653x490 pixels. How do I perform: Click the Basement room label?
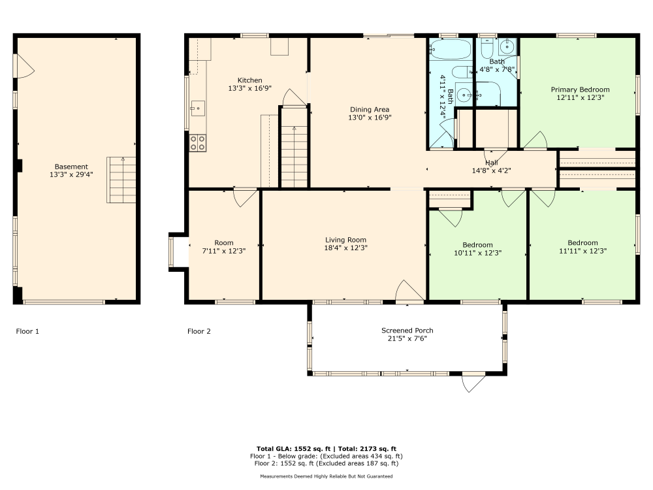pos(71,167)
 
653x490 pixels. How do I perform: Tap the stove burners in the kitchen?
pos(198,142)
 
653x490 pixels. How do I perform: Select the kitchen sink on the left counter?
pos(197,107)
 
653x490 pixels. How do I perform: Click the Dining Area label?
pos(369,110)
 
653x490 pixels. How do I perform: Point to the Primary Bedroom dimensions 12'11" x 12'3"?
pos(580,97)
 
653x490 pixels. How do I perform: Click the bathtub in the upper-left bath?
pos(451,50)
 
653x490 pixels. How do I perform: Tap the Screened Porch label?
pos(407,331)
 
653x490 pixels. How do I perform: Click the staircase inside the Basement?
pos(121,180)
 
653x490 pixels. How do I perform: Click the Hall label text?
pos(491,163)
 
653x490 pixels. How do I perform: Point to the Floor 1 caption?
pos(27,331)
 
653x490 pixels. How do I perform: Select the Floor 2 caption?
pos(199,331)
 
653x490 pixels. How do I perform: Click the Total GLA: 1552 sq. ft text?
pos(294,449)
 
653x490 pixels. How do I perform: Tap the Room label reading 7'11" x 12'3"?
pos(223,251)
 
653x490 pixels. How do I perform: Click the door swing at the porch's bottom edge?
pos(473,382)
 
